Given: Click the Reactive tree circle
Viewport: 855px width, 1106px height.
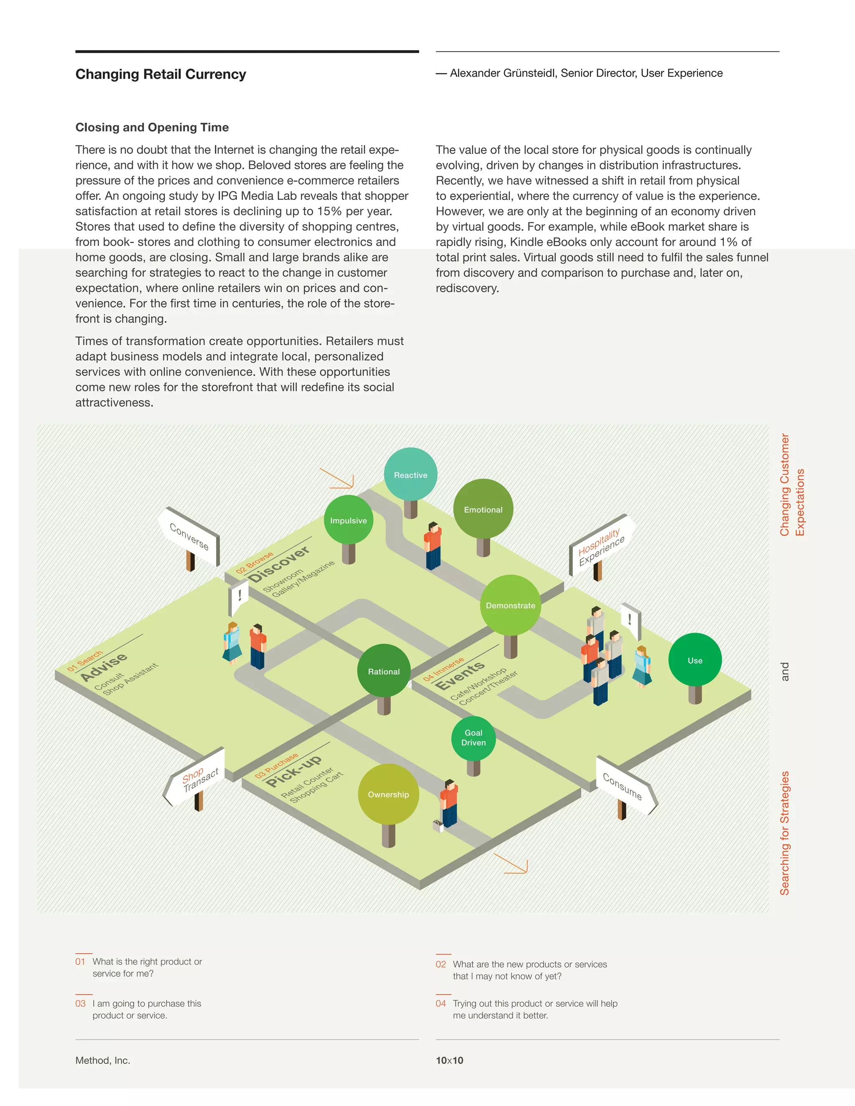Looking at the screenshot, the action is click(x=410, y=475).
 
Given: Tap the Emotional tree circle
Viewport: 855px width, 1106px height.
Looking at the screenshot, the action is click(x=483, y=509).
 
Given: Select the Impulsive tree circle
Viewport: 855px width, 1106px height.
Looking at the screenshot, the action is click(x=349, y=520).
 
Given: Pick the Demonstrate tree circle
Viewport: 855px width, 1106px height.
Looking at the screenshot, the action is click(x=510, y=605).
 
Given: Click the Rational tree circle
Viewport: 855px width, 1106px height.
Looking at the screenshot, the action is click(x=383, y=671).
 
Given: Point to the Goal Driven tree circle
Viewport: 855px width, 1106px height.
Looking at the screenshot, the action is click(x=473, y=738).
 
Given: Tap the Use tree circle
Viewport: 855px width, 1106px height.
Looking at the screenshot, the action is click(x=695, y=660).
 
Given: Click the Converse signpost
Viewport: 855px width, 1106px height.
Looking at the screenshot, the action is click(x=190, y=537).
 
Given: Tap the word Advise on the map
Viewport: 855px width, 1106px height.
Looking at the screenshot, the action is click(x=104, y=667).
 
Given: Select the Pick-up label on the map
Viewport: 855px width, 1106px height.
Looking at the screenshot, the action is click(x=294, y=770).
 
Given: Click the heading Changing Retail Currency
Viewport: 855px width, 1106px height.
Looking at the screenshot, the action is click(x=161, y=74).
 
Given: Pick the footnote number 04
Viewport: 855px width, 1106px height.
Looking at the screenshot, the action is click(x=441, y=1003).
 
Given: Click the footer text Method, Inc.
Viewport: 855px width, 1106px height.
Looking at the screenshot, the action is click(x=103, y=1060).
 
